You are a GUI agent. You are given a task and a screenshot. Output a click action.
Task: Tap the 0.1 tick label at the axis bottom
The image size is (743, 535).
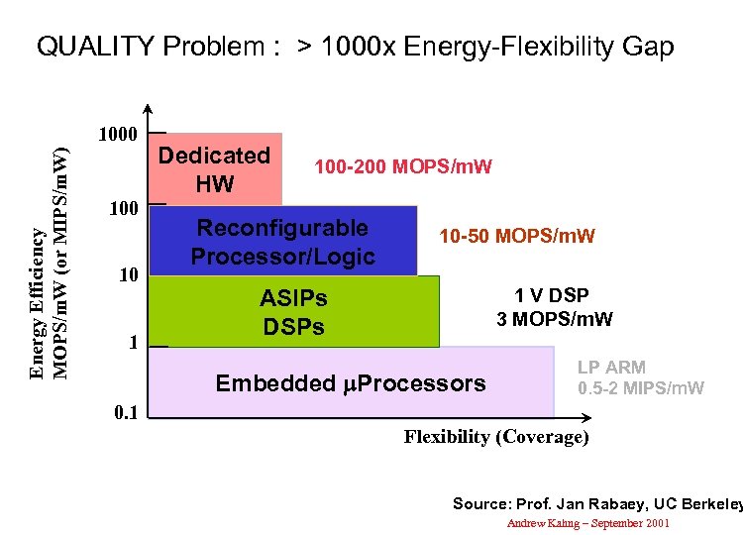(124, 412)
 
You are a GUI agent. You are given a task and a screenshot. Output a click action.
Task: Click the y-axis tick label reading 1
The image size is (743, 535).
(132, 342)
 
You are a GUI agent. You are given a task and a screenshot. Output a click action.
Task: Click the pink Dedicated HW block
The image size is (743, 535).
(215, 168)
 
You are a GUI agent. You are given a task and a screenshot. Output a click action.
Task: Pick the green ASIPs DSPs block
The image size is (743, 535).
(293, 311)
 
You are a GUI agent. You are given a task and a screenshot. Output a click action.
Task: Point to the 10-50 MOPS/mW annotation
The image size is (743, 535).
(517, 236)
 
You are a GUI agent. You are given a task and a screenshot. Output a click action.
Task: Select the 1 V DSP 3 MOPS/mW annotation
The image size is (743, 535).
(554, 307)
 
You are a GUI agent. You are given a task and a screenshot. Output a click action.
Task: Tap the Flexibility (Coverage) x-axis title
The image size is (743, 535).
(495, 437)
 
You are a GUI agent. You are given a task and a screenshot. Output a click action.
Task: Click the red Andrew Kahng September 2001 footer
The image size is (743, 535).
(588, 522)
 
